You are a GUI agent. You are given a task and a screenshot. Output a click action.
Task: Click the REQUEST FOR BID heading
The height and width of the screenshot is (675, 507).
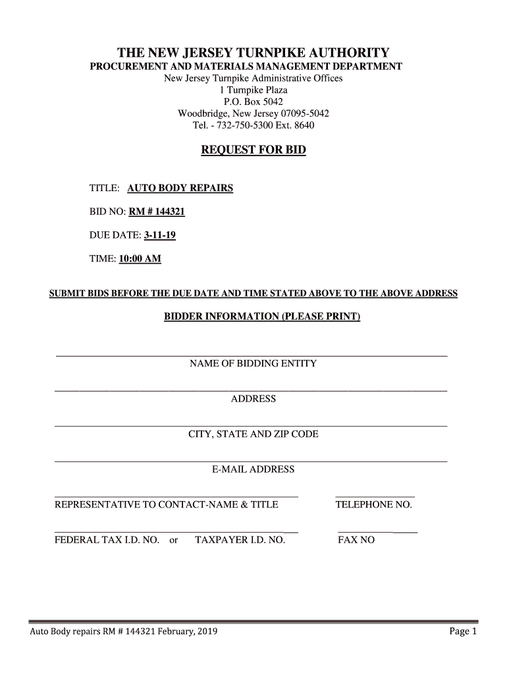pyautogui.click(x=253, y=151)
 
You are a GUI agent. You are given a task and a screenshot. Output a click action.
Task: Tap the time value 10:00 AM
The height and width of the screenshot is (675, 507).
pyautogui.click(x=140, y=259)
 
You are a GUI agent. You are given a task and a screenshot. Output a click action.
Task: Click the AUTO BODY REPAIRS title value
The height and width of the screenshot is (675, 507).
pyautogui.click(x=180, y=189)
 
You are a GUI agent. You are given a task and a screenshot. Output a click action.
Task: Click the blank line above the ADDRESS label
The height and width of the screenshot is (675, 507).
pyautogui.click(x=251, y=391)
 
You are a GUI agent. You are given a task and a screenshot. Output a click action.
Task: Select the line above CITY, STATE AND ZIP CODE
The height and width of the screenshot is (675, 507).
pyautogui.click(x=251, y=426)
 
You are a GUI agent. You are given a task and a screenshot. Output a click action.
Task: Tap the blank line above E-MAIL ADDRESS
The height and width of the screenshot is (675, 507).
pyautogui.click(x=251, y=461)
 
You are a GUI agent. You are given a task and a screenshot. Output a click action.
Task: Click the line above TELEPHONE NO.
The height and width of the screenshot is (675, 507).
pyautogui.click(x=375, y=496)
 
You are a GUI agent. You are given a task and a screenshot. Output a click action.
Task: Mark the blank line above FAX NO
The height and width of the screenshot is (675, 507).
pyautogui.click(x=377, y=531)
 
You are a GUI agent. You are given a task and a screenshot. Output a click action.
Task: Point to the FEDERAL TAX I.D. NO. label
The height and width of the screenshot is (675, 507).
pyautogui.click(x=107, y=540)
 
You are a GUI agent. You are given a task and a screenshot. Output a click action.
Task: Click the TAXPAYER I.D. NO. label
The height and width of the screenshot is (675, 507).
pyautogui.click(x=240, y=540)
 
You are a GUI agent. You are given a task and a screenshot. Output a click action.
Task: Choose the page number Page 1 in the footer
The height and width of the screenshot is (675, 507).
pyautogui.click(x=462, y=631)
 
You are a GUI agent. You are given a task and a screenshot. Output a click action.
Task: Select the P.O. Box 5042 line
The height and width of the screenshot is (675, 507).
pyautogui.click(x=254, y=102)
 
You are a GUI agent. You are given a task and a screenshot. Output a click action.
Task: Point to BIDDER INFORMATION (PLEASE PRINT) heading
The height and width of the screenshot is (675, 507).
pyautogui.click(x=262, y=316)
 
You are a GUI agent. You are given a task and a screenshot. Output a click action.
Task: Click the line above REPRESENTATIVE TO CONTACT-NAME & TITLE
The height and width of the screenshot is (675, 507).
pyautogui.click(x=176, y=496)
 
